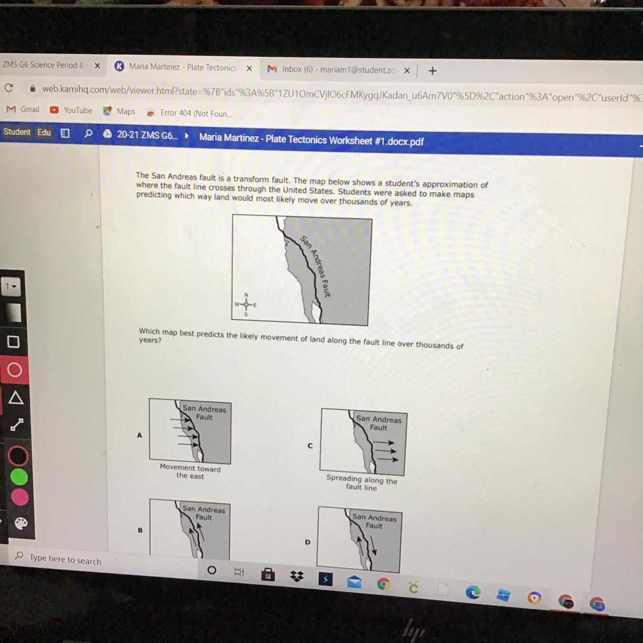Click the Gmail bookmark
(23, 109)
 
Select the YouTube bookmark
(71, 110)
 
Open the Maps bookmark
(119, 111)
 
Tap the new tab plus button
(432, 71)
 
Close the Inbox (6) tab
(407, 70)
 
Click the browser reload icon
(9, 88)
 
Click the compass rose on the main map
(246, 305)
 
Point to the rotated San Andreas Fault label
(315, 266)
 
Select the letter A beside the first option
(139, 435)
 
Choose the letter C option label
(310, 445)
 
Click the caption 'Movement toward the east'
(190, 472)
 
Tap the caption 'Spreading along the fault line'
(362, 482)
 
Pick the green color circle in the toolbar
(19, 477)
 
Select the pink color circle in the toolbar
(20, 497)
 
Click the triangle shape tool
(16, 398)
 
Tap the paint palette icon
(21, 524)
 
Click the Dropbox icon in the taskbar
(297, 576)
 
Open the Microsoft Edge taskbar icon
(473, 592)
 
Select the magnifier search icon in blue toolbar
(88, 133)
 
